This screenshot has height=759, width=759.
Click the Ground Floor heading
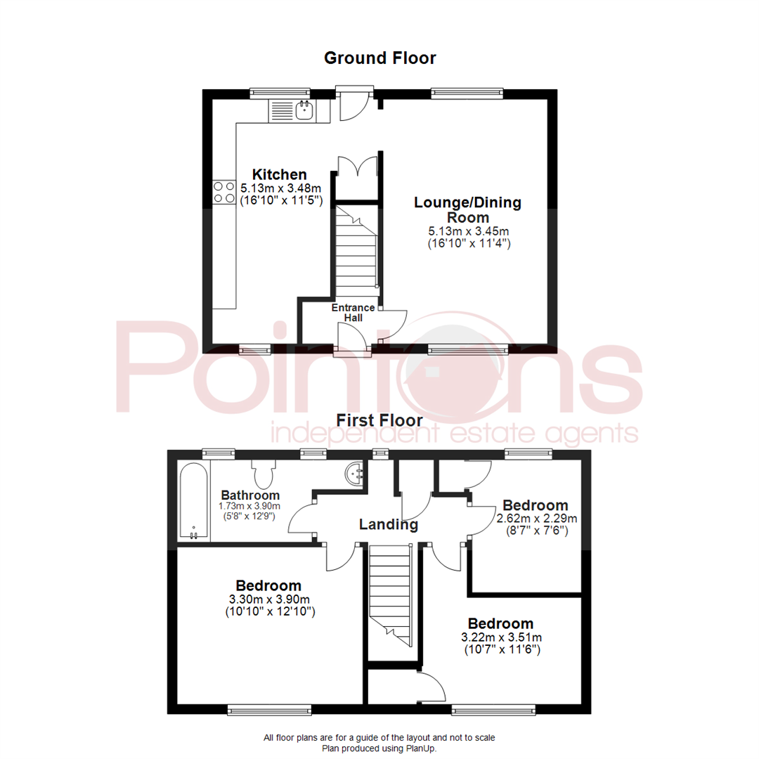coord(380,58)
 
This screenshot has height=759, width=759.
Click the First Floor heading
coord(379,420)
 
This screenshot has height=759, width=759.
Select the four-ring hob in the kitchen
coord(224,192)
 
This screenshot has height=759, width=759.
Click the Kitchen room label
coord(279,174)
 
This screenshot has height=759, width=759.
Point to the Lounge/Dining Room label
coord(467,209)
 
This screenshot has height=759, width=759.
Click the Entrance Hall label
coord(353,313)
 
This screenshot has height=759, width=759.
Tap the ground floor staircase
coord(356,250)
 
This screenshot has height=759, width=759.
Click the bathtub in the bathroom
coord(194,501)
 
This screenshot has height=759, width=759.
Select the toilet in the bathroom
coord(264,474)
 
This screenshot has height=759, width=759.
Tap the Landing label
coord(388,524)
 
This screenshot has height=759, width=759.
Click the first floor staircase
coord(390,595)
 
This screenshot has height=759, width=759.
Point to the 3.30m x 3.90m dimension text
coord(269,599)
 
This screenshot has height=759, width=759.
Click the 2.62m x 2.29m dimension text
coord(537,519)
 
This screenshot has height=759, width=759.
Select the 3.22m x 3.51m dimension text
coord(502,637)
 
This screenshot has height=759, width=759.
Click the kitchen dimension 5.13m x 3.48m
coord(280,188)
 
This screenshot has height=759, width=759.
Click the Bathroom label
coord(250,495)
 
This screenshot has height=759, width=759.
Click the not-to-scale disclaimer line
coord(379,738)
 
